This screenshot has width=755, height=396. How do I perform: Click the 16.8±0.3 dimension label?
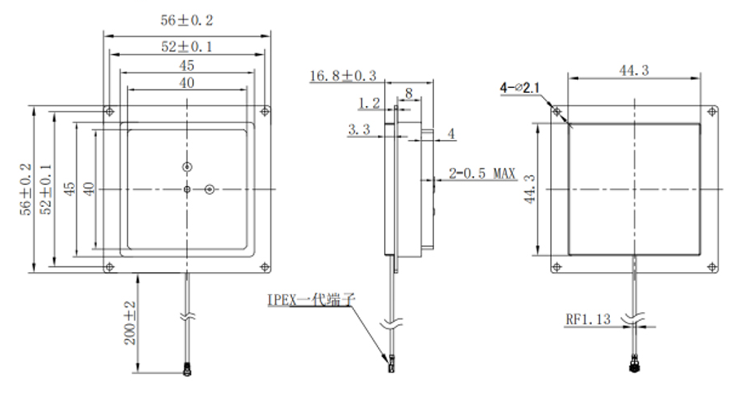pyautogui.click(x=342, y=77)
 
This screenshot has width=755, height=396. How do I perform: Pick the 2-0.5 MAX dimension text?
pyautogui.click(x=483, y=174)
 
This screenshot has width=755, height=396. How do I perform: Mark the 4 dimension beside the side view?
pyautogui.click(x=451, y=133)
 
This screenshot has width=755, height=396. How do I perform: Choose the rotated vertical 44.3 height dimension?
pyautogui.click(x=530, y=189)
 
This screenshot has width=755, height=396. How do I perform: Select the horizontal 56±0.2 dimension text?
pyautogui.click(x=187, y=20)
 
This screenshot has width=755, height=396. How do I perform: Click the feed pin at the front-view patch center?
pyautogui.click(x=187, y=189)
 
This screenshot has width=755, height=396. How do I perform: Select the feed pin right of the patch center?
pyautogui.click(x=209, y=189)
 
